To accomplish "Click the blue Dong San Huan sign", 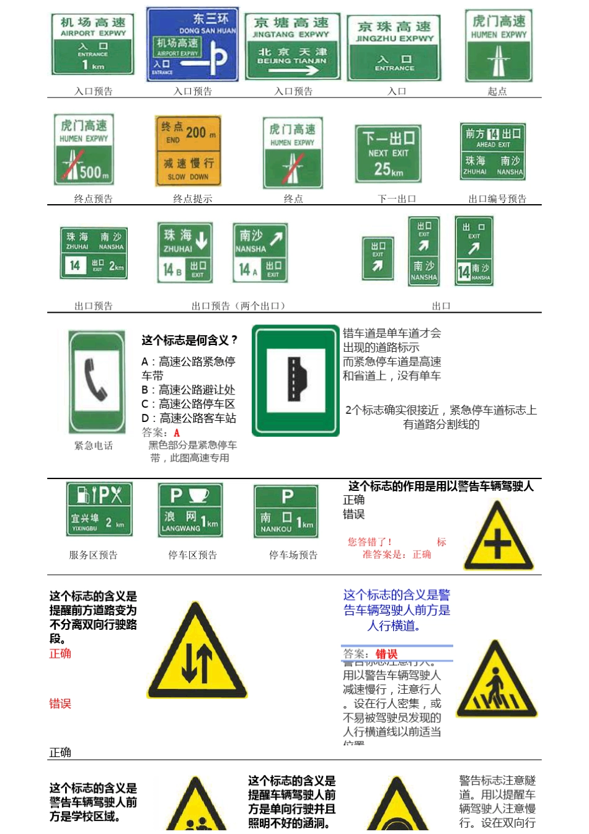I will coord(192,45).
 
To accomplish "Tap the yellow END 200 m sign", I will coord(188,151).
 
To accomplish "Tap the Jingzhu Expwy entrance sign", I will coord(394,48).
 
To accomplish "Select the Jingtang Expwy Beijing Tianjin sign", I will coord(292,47).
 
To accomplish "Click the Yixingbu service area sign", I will coord(99,509).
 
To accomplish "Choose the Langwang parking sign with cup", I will coord(190,510).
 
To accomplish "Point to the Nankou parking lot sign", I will coord(286,511).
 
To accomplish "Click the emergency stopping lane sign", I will coord(295,380).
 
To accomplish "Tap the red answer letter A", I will coord(177,433).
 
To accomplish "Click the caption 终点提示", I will coord(192,199).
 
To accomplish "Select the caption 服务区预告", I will coord(93,555).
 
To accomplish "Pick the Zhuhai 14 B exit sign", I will coord(185,253).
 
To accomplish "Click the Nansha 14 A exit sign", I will coord(260,253).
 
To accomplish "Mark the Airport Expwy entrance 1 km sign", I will coord(92,45).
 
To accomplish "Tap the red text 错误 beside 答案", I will coord(386,654).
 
